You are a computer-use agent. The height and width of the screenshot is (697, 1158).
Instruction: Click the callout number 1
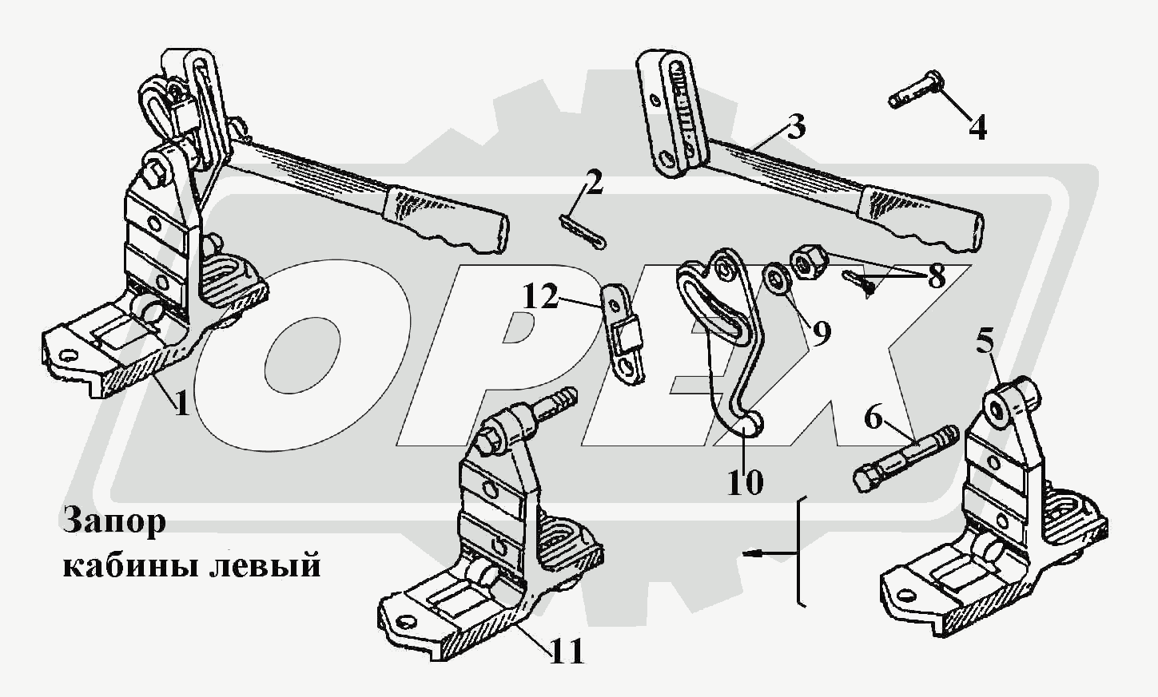(182, 404)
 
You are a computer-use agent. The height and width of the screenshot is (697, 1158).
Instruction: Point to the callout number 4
(977, 127)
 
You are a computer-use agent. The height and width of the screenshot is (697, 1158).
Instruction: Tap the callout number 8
(936, 276)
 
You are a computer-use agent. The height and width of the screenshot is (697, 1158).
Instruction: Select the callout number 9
(821, 329)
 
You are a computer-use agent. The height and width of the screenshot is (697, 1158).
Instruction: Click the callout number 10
(744, 481)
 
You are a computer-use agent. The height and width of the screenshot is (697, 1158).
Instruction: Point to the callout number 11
(566, 651)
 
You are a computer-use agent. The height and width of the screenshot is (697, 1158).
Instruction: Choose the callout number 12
(542, 298)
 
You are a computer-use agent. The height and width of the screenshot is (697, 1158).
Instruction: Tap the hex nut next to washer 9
(804, 263)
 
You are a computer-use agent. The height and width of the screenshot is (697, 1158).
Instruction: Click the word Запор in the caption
(113, 523)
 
